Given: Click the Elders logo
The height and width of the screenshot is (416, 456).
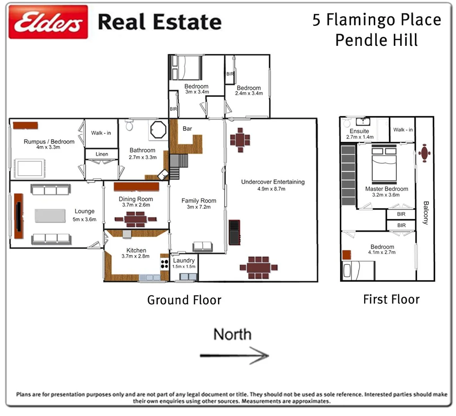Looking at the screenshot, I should coord(48,22).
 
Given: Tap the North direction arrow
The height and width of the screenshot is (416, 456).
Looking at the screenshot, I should coord(234,355).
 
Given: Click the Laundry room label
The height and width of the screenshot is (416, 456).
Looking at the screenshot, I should coord(183,260).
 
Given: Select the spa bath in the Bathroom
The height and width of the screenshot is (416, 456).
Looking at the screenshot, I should coord(158,130).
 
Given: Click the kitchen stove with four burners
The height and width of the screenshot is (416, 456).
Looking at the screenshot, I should coord(165,264).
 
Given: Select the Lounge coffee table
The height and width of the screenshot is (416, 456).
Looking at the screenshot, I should coord(50,216).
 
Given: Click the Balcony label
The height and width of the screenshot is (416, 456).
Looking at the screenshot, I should coord(426,213).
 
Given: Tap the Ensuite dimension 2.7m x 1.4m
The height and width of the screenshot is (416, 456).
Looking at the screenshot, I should coord(359,137).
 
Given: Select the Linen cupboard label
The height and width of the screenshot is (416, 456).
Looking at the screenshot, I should coord(102,154).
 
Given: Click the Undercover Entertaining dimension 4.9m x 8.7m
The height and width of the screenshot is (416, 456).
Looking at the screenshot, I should coord(271,189).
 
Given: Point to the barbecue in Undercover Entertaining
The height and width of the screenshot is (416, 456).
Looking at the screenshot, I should coord(234,232).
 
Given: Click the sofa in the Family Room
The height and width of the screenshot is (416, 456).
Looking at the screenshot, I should coord(202,247).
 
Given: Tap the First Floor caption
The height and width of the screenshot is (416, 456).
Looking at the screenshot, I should coord(391,299).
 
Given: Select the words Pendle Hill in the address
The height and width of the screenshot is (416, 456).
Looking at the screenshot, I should coord(376,40).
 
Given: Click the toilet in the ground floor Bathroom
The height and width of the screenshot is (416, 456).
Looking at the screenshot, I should coord(129,125).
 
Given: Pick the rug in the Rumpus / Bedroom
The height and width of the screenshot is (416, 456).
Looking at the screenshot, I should coord(28,169).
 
